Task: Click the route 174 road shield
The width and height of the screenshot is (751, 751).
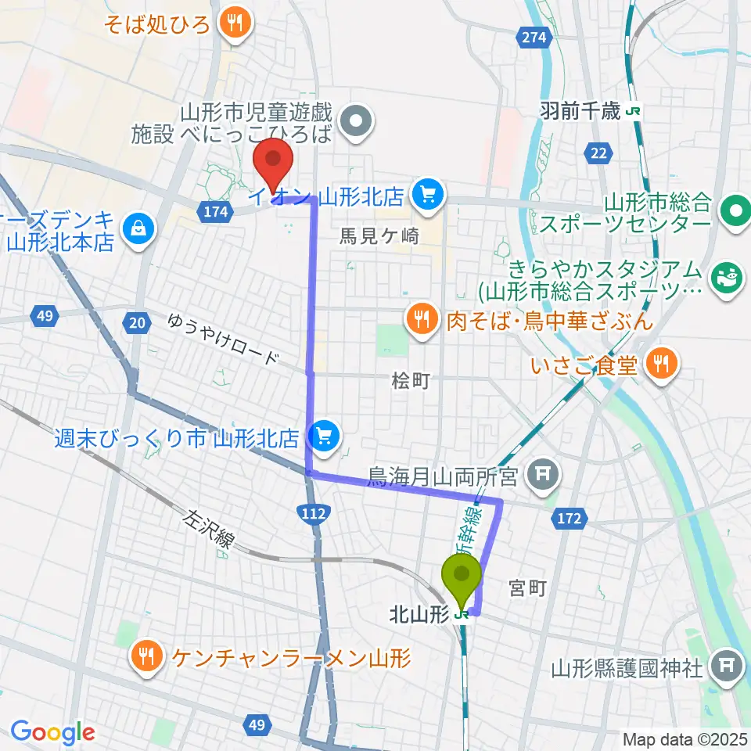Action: coord(217,211)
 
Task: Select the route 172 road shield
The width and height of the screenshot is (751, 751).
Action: coord(570,516)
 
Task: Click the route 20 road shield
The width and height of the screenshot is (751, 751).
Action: coord(138,321)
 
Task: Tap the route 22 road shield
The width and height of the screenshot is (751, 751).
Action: coord(599,153)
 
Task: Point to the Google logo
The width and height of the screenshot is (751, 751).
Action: coord(52,732)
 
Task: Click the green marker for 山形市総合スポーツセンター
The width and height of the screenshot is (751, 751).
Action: coord(735,210)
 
